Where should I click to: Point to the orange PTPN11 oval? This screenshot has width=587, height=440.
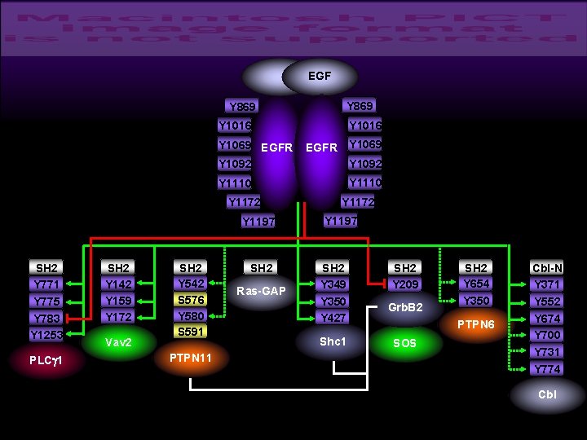pos(190,359)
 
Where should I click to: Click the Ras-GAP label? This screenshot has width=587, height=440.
pos(261,291)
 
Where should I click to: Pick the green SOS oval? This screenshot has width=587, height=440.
pos(404,343)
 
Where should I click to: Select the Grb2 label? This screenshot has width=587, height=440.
pos(404,308)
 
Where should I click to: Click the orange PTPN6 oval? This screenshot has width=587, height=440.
pos(476,324)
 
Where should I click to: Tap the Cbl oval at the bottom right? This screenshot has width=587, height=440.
pos(547,395)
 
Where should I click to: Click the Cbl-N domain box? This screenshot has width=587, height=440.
pos(547,267)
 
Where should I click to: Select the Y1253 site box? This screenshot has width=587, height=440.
pos(47,335)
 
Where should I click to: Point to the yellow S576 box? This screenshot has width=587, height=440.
pos(190,300)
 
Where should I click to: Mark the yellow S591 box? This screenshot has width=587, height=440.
pos(190,332)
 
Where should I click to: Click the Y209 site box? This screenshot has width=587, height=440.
pos(404,284)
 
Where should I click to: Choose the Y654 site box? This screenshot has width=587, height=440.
pos(476,284)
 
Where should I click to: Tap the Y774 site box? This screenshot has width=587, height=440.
pos(547,369)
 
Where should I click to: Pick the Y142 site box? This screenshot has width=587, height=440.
pos(119,284)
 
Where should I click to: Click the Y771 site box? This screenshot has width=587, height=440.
pos(47,284)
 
